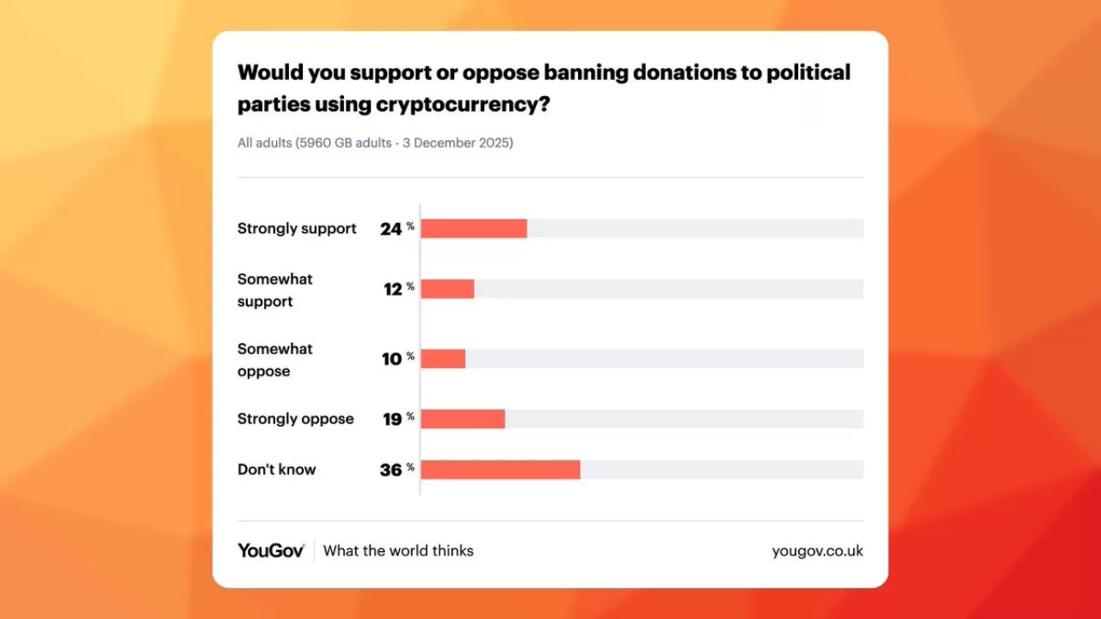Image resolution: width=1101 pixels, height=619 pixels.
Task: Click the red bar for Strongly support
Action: coord(474,229)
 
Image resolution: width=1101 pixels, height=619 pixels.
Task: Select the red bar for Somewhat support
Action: coord(447,289)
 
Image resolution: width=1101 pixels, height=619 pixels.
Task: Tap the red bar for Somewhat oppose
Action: coord(443,359)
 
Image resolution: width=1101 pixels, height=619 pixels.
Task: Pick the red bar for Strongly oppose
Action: coord(463,419)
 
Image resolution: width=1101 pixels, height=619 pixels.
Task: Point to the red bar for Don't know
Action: coord(501,469)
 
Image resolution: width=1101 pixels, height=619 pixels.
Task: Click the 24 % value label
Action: coord(397,229)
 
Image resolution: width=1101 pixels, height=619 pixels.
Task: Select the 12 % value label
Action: coord(398,289)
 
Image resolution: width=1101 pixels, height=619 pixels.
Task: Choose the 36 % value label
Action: coord(397,469)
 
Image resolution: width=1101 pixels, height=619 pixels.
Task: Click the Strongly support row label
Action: coord(297,229)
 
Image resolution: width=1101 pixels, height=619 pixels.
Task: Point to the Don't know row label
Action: coord(277,469)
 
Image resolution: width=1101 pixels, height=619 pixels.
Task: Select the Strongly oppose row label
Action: coord(296,419)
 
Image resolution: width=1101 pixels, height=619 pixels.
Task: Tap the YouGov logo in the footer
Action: coord(271,550)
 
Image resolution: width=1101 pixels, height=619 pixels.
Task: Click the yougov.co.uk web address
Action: coord(817,550)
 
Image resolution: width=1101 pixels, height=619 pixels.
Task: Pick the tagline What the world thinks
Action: coord(398,550)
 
